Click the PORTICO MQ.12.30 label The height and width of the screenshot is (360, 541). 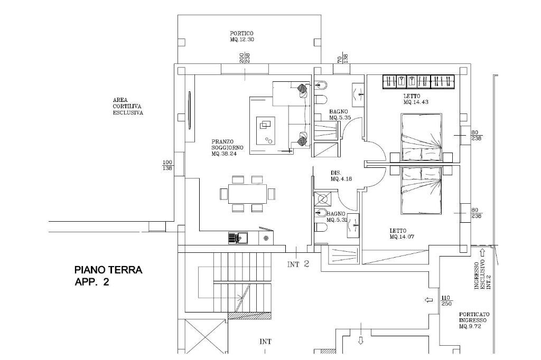click(242, 36)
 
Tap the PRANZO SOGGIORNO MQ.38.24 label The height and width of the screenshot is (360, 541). click(224, 148)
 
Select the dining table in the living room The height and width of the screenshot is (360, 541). click(247, 193)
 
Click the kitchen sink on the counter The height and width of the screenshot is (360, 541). click(238, 238)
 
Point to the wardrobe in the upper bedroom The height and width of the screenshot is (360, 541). click(419, 82)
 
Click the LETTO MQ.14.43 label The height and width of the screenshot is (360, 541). click(416, 99)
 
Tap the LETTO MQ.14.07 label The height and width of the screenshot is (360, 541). click(402, 234)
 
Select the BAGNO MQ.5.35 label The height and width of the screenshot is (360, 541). click(340, 115)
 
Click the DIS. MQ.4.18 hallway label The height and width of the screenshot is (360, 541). click(341, 176)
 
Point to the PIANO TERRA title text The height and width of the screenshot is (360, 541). click(108, 270)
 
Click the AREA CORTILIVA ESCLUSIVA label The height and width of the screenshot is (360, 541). click(128, 106)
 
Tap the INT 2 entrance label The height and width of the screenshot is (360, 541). click(298, 264)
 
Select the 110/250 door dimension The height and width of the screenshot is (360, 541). click(446, 301)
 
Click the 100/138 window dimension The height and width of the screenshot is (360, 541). click(167, 166)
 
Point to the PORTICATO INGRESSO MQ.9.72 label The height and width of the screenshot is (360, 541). click(474, 320)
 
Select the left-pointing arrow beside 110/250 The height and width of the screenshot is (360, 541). click(429, 300)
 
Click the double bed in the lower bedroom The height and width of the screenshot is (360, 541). click(421, 191)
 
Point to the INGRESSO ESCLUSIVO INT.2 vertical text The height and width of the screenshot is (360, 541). click(482, 274)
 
